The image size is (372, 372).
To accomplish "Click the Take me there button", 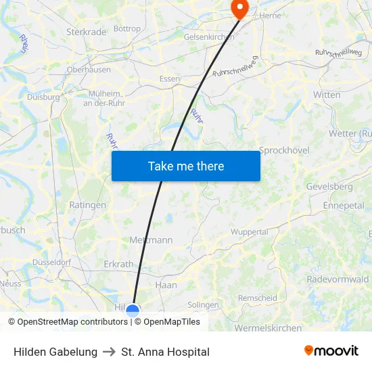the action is pos(186,166).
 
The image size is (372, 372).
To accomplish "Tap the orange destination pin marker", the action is pos(239,7).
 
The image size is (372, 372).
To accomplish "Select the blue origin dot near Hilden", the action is pos(133,311).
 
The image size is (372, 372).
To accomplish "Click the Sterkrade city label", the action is pos(87,31).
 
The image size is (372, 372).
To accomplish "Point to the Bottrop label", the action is pos(127,28).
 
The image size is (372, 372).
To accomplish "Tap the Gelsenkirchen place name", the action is pos(209,37).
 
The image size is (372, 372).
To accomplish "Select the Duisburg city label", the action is pos(43,97).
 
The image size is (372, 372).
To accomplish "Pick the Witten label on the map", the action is pos(327,95).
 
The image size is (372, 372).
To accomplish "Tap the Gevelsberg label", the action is pos(329,186).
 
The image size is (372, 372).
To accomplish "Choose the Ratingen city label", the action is pos(87,205).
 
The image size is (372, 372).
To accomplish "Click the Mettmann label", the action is pos(150,240).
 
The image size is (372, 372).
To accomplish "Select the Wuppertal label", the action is pos(250,231).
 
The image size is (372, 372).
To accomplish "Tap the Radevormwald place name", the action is pos(338,279).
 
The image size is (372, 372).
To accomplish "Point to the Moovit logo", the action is pos(331,351).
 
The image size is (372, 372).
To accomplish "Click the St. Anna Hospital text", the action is pos(165,352).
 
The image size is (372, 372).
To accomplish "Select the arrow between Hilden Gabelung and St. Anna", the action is pos(110,352).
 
